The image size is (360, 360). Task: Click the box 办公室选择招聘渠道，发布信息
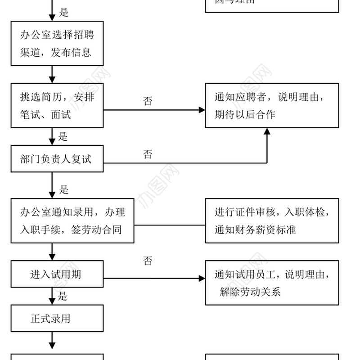coord(57,43)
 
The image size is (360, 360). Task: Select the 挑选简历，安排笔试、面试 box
coord(57,106)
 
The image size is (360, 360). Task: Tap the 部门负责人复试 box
coord(57,159)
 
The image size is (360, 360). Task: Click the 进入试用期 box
coord(57,274)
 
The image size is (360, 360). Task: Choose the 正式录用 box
coord(57,319)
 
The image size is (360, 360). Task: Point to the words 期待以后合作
coord(245,115)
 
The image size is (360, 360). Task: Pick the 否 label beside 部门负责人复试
coord(148,155)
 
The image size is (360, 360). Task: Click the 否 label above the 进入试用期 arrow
coord(148,261)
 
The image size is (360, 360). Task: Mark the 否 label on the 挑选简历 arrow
coord(148,101)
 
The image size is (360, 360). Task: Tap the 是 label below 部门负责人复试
coord(64,189)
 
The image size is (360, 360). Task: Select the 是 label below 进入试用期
coord(63,296)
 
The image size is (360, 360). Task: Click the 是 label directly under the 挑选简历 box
coord(63,136)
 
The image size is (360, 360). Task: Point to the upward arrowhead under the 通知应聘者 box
coord(267,132)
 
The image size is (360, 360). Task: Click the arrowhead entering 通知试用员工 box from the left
coord(202,279)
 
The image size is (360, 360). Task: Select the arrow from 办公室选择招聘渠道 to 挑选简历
coord(52,74)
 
